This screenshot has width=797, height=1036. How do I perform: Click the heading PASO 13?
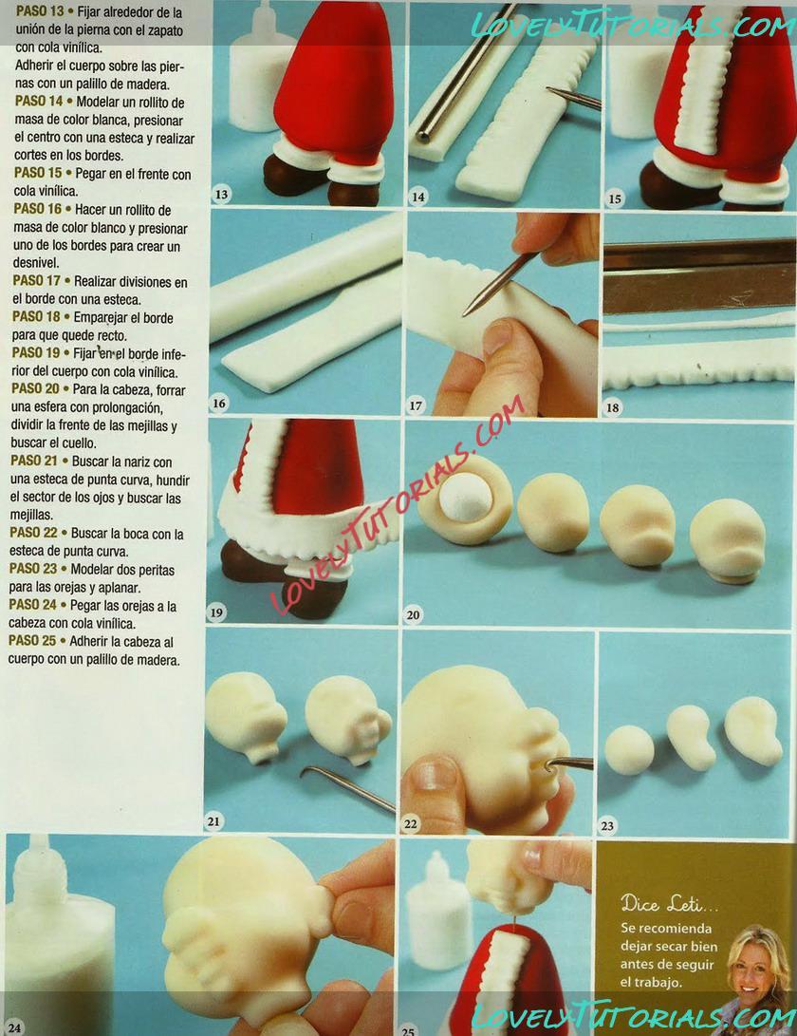click(x=40, y=11)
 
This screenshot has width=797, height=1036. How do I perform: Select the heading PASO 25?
click(x=32, y=640)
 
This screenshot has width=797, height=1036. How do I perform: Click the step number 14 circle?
click(x=418, y=197)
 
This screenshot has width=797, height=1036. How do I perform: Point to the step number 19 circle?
click(x=216, y=612)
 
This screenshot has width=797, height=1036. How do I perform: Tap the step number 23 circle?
click(x=607, y=825)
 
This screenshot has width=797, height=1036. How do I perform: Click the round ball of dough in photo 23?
click(x=629, y=750)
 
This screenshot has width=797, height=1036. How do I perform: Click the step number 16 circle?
click(x=218, y=403)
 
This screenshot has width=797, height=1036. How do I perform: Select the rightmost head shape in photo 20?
click(x=729, y=540)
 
